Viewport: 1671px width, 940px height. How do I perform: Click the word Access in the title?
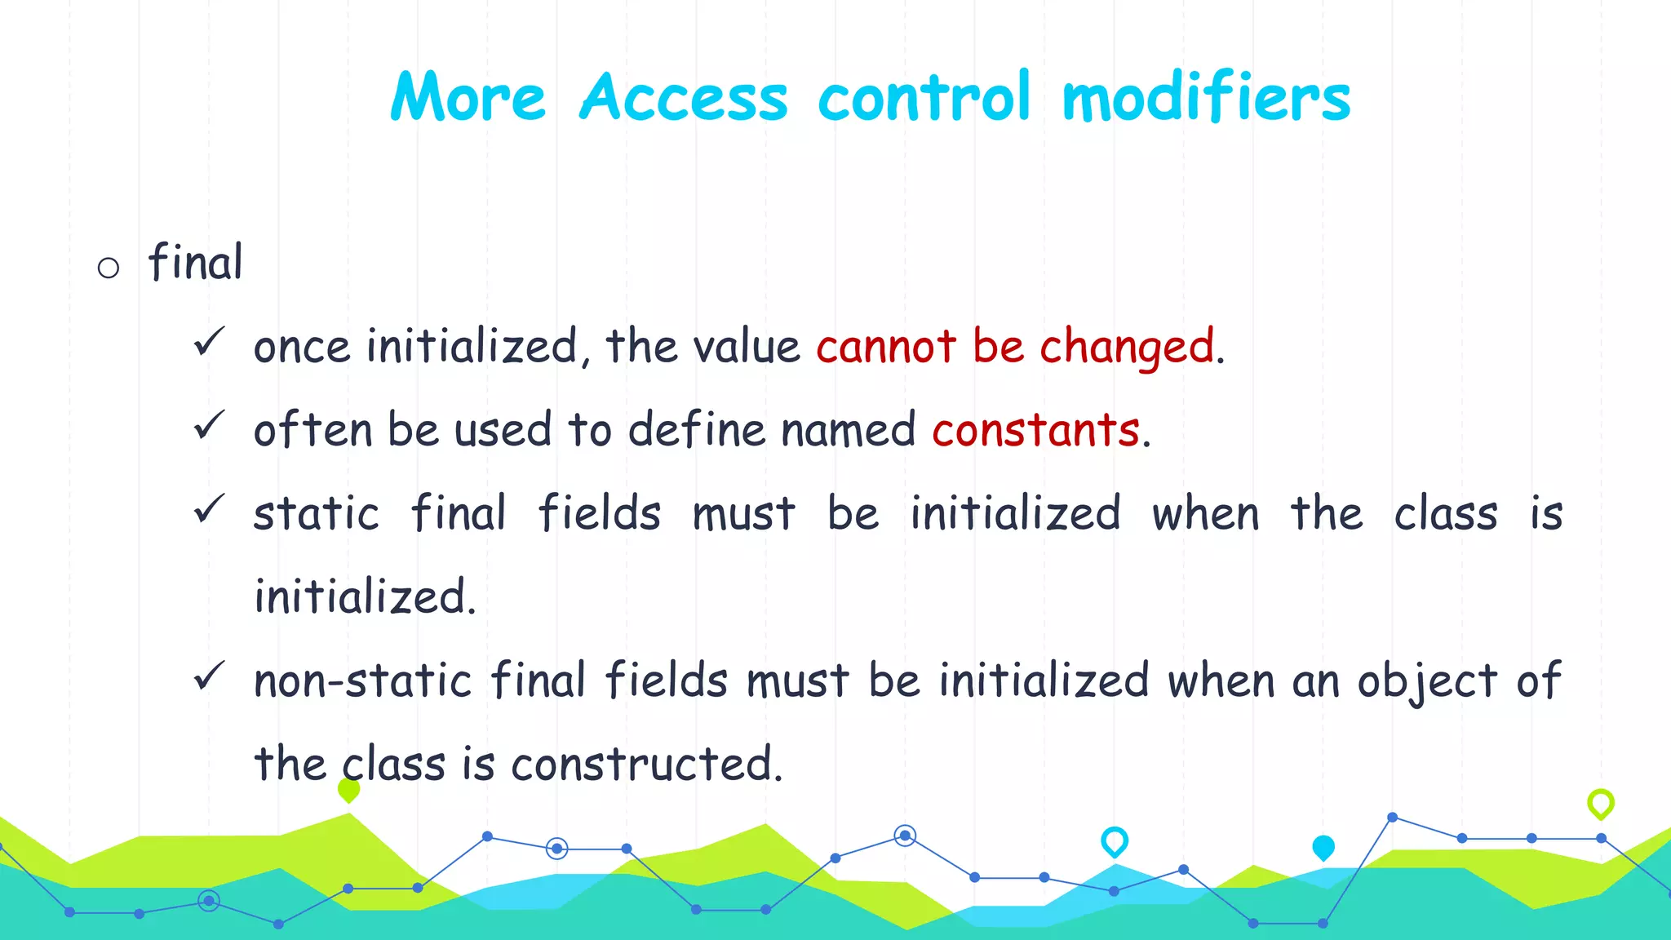(684, 98)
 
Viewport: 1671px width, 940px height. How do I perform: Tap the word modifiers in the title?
(1206, 98)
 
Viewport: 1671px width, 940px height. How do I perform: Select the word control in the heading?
(924, 98)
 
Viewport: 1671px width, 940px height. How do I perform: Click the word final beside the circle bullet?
(195, 263)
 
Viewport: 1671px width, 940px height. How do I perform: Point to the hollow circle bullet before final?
(109, 268)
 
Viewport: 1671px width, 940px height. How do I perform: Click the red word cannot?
(885, 347)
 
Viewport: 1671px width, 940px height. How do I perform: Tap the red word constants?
(1035, 430)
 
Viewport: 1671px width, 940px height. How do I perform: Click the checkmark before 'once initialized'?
(209, 342)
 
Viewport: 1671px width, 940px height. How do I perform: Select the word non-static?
(362, 681)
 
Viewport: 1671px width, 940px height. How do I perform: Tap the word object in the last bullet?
(1427, 682)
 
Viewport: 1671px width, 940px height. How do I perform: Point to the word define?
(696, 430)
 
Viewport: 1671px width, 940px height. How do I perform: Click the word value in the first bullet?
(746, 347)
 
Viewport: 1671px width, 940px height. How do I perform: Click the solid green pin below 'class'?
(348, 790)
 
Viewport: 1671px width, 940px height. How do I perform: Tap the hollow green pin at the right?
(1600, 804)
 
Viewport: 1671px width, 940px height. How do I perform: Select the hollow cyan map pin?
(1114, 841)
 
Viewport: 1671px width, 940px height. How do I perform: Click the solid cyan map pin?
(1323, 848)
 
